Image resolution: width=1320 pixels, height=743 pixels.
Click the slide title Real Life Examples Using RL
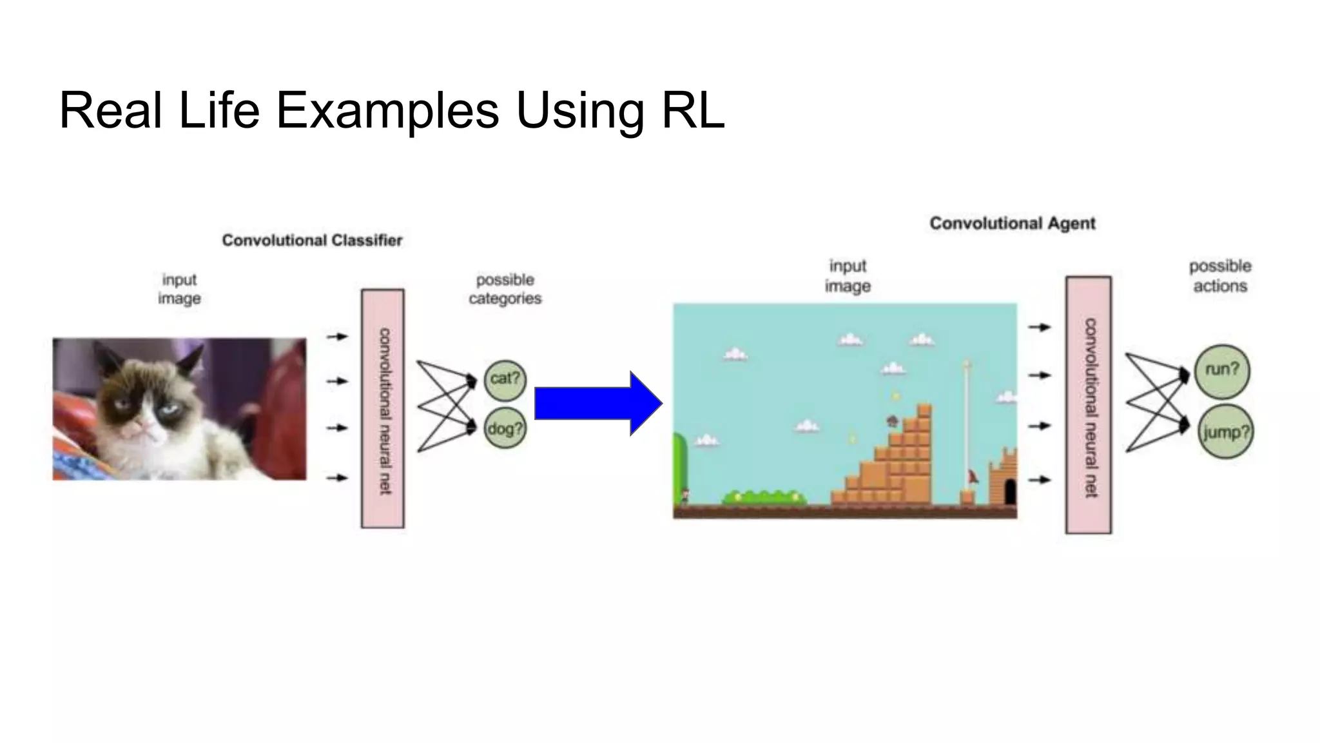(x=391, y=110)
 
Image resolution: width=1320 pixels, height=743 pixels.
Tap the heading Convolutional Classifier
(x=312, y=241)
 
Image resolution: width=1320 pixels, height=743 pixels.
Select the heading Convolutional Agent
(x=1012, y=224)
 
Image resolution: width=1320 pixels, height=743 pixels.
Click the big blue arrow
(x=598, y=403)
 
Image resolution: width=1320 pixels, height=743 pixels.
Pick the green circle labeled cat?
(x=505, y=379)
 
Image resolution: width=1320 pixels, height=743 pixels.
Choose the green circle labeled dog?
(x=505, y=428)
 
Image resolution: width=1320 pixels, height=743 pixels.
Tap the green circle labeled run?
(x=1222, y=370)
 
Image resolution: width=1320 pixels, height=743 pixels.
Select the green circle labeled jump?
(x=1225, y=431)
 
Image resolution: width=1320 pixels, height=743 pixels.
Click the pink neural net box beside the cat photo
(x=383, y=408)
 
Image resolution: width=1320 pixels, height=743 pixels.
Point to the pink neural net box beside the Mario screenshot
(x=1089, y=405)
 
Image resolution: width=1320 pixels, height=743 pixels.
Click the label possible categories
(x=505, y=289)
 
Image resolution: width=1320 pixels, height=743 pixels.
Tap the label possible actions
(x=1220, y=276)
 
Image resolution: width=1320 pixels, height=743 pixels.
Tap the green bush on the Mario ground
(x=764, y=497)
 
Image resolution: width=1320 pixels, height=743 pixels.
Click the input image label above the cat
(x=179, y=289)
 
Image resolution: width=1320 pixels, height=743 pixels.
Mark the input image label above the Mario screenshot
(x=848, y=276)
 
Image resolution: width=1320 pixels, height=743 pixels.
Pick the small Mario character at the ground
(x=684, y=496)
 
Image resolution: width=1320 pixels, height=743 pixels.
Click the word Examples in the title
(x=387, y=110)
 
